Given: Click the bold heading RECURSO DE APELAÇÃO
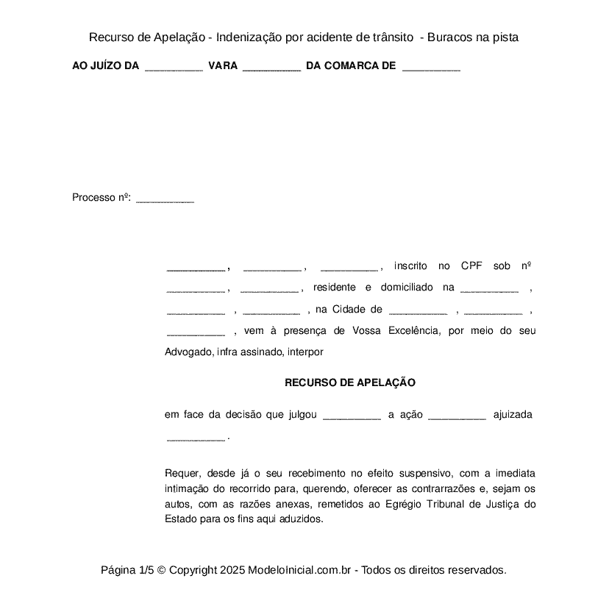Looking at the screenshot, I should tap(350, 382).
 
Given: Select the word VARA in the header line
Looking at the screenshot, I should tap(223, 66).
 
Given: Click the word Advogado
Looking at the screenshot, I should tap(188, 352).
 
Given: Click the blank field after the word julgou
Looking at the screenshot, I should tap(352, 416).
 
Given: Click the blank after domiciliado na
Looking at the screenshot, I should tap(489, 288).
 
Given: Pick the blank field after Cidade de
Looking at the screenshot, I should tap(418, 310).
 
